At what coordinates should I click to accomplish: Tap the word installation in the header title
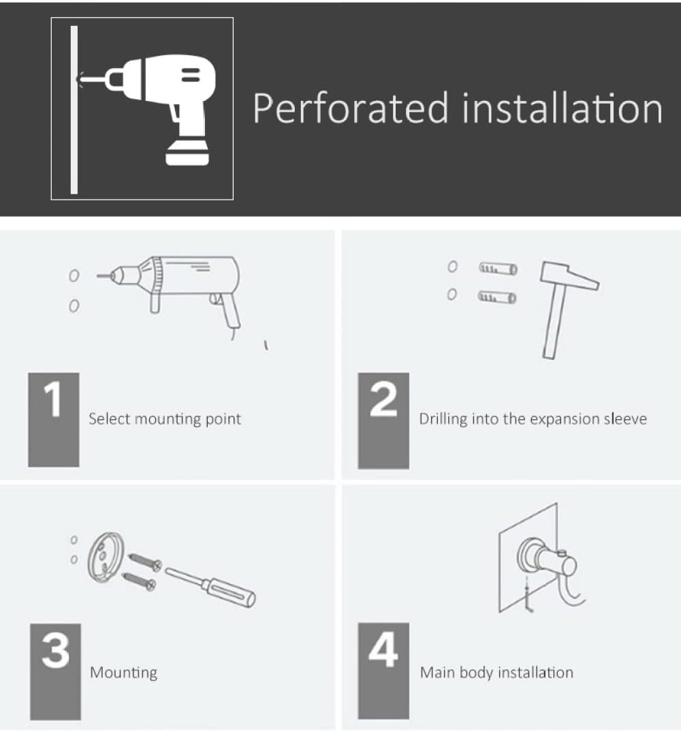[x=562, y=108]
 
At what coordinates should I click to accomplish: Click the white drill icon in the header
[x=149, y=110]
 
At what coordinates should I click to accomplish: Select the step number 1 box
[x=54, y=420]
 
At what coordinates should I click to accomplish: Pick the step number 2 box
[x=383, y=421]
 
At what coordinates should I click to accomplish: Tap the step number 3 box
[x=56, y=671]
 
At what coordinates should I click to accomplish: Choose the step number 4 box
[x=383, y=671]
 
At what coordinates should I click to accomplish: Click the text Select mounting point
[x=165, y=418]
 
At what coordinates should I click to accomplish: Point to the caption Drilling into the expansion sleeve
[x=533, y=418]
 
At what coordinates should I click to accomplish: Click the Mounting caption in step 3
[x=124, y=673]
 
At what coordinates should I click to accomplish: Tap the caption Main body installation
[x=496, y=672]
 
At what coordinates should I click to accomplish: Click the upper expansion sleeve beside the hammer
[x=498, y=269]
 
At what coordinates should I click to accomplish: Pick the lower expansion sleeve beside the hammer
[x=498, y=297]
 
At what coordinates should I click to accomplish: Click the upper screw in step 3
[x=145, y=562]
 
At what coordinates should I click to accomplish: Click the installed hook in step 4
[x=550, y=572]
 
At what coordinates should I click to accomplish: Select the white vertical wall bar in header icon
[x=74, y=110]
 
